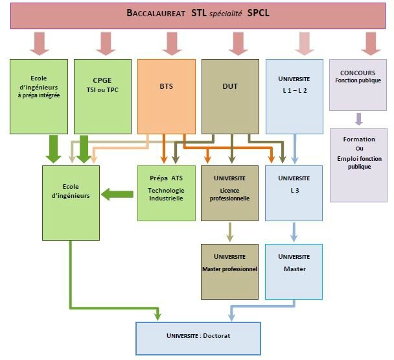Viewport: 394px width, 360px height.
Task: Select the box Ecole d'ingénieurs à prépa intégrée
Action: (39, 96)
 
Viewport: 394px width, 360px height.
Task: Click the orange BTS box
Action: (166, 96)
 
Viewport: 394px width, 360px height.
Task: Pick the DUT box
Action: (229, 96)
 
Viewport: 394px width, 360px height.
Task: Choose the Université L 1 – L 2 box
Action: (294, 96)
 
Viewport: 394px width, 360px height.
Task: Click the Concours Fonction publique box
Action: (358, 84)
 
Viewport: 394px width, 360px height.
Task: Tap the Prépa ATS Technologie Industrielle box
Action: (166, 193)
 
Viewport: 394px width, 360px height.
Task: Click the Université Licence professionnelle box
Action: (229, 193)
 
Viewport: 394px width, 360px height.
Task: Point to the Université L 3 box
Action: (294, 193)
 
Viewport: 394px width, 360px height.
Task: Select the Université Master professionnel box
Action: (229, 271)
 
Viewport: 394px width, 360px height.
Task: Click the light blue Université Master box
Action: (294, 271)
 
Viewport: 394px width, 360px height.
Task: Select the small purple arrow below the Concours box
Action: (358, 119)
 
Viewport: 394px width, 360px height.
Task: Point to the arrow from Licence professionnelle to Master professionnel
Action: (229, 232)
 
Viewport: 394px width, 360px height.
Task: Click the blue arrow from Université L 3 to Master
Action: (294, 232)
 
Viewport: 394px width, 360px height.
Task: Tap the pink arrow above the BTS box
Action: (170, 43)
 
